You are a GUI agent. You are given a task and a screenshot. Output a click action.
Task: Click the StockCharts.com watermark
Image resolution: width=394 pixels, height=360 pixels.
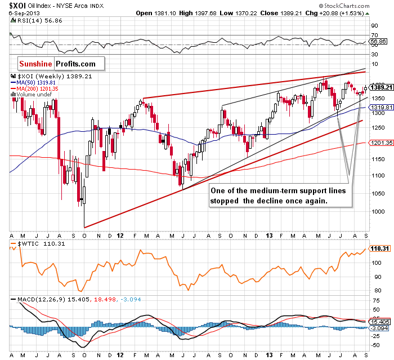tap(360, 4)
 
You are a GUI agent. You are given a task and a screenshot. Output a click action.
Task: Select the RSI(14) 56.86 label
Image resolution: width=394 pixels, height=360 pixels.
tap(33, 20)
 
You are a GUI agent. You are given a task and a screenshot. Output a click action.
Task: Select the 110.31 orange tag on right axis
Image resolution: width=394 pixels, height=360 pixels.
tap(377, 247)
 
